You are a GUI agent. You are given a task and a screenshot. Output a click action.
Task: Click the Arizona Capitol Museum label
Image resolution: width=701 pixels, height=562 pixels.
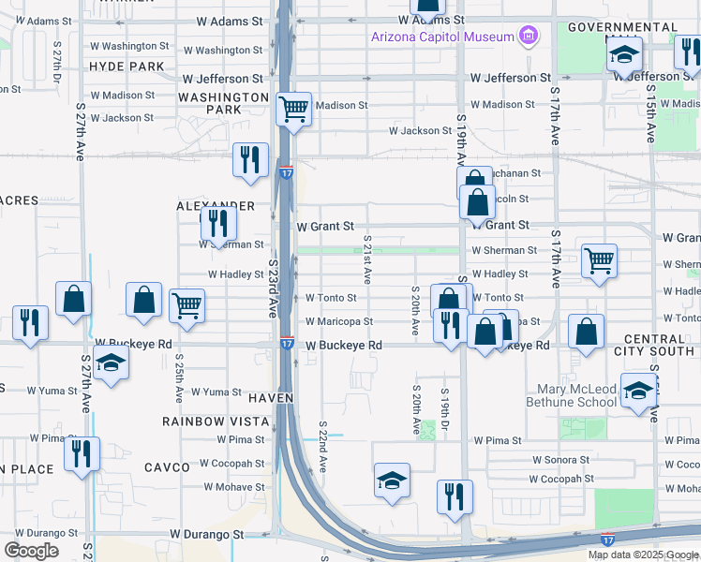442,37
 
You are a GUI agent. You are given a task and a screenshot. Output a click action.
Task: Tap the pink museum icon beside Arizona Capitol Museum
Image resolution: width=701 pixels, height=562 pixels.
529,37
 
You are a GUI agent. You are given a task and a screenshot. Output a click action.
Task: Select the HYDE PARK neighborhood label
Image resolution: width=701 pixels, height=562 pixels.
127,67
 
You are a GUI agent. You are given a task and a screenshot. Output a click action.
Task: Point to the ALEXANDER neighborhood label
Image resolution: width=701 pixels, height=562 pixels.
216,205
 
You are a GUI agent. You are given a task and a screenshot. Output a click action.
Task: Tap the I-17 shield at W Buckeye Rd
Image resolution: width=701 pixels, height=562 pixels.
286,345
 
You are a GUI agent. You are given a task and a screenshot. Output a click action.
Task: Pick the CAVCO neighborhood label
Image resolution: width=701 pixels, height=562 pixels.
168,466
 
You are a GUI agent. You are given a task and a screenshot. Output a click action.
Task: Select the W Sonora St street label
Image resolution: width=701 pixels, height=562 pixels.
560,460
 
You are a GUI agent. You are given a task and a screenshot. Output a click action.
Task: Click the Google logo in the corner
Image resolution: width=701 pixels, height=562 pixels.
32,550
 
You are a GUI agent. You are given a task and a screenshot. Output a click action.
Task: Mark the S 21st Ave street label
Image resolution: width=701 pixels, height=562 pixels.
367,259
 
